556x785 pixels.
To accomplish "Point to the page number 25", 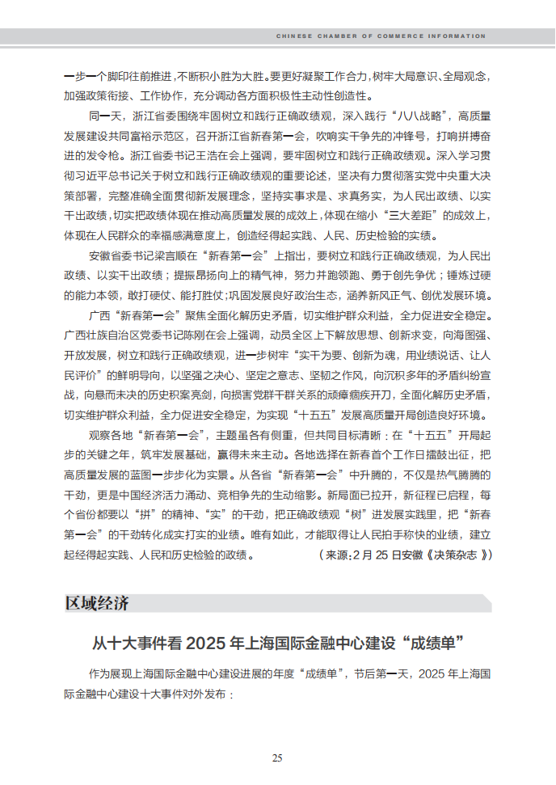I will pos(277,758).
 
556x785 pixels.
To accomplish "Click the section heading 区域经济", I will pos(96,604).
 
